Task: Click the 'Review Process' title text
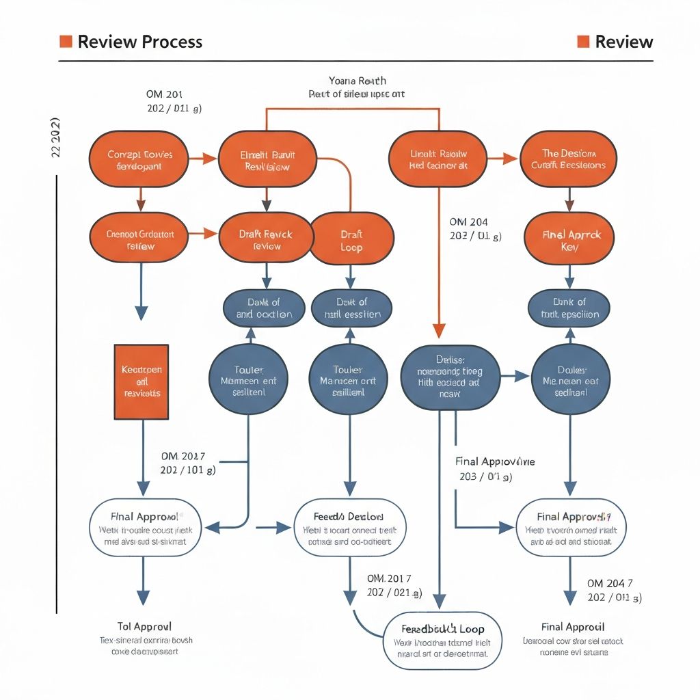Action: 139,42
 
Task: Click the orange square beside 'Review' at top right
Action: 583,42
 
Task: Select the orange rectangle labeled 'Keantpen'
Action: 140,381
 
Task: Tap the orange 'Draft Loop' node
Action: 351,241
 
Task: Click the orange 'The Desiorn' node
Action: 569,159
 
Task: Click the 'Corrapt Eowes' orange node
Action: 139,160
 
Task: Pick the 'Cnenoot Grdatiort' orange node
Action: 140,239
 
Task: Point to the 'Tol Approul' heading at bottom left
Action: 144,626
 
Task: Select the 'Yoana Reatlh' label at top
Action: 358,81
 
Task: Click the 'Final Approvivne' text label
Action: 495,461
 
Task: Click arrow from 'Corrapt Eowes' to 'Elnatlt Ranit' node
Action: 202,159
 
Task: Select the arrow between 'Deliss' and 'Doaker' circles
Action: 515,375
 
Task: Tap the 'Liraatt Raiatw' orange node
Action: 437,159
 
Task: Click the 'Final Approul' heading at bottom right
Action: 572,626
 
